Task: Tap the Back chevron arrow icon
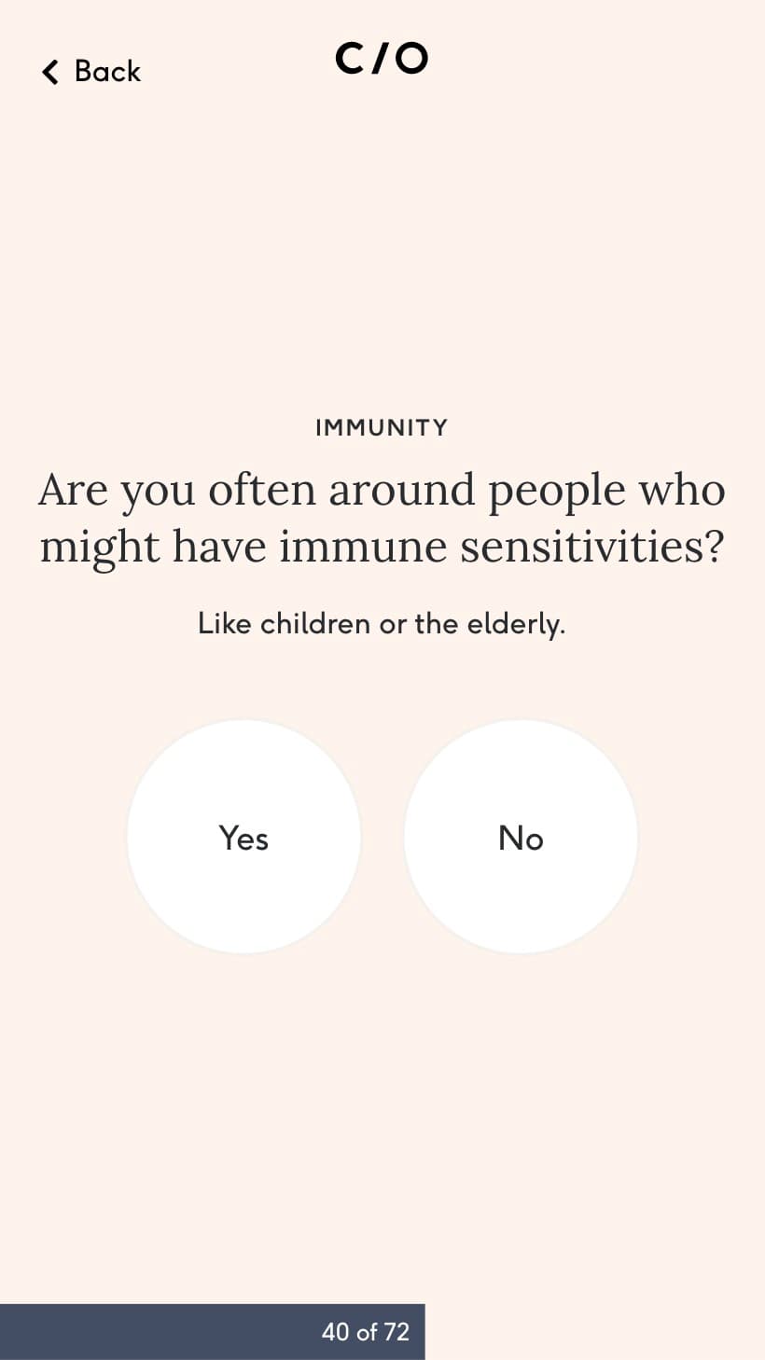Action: point(50,72)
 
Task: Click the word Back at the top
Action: point(107,71)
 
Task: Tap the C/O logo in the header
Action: point(382,58)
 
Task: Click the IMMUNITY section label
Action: point(382,427)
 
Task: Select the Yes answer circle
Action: point(244,837)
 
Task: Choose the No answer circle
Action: point(521,837)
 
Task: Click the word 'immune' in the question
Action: point(363,547)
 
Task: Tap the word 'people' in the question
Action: point(557,492)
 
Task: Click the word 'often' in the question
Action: point(262,490)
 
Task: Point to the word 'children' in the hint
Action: point(315,623)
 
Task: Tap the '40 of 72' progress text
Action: point(366,1332)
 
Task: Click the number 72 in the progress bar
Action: point(396,1332)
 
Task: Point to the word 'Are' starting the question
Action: point(74,490)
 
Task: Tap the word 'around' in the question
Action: point(402,490)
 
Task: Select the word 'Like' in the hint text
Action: point(225,623)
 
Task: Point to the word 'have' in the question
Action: point(219,547)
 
